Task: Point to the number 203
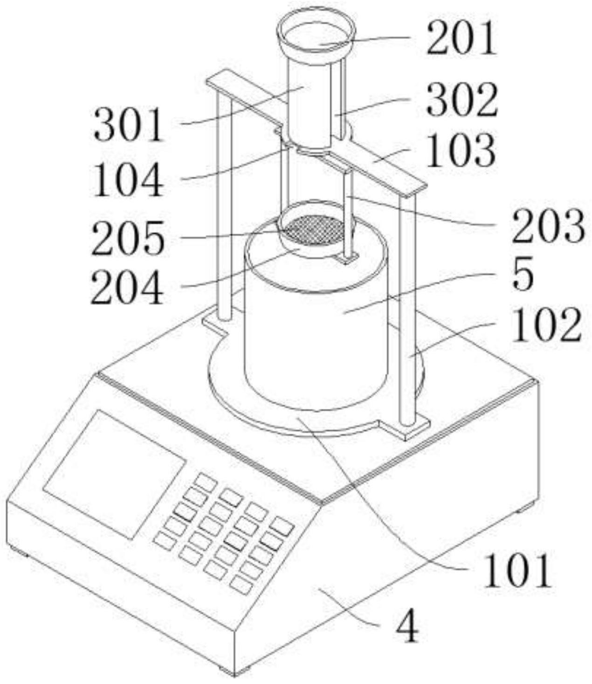click(x=548, y=226)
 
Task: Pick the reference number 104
click(x=129, y=180)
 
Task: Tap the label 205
click(x=128, y=238)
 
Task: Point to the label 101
click(x=517, y=571)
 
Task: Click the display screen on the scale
click(x=114, y=473)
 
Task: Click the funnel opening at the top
click(x=316, y=35)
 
